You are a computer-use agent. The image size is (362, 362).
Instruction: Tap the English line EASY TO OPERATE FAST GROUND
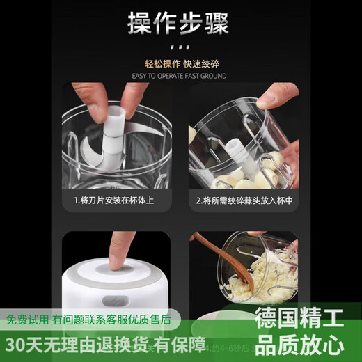(180, 76)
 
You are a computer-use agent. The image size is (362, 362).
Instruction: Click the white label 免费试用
(27, 320)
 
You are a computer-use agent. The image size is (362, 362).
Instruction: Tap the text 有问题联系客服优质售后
(112, 320)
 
